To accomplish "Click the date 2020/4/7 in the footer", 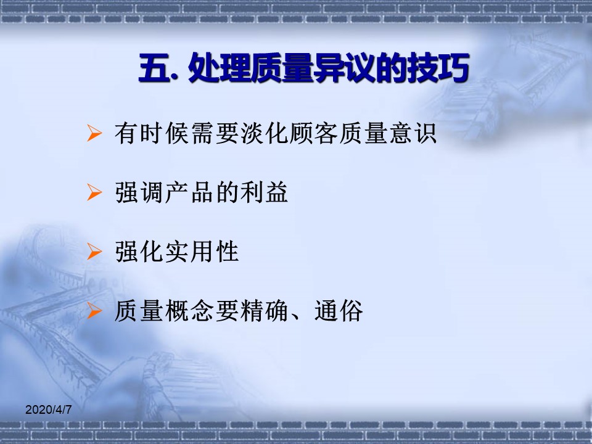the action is click(48, 409).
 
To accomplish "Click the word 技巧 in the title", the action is click(438, 68).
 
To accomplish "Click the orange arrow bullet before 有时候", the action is click(94, 133).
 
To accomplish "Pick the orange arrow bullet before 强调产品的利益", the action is click(94, 192).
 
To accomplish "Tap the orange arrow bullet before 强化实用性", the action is click(94, 252).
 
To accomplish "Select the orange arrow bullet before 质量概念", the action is click(94, 311).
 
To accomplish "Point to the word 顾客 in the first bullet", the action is click(313, 133).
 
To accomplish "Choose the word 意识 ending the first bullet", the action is click(413, 133).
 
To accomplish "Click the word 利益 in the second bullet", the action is click(263, 192).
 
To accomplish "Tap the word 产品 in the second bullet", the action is click(189, 192).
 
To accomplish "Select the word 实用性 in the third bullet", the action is click(201, 252).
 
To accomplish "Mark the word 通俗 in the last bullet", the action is click(339, 311).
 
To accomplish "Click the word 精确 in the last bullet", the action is click(263, 311).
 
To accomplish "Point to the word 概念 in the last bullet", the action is click(189, 311).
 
